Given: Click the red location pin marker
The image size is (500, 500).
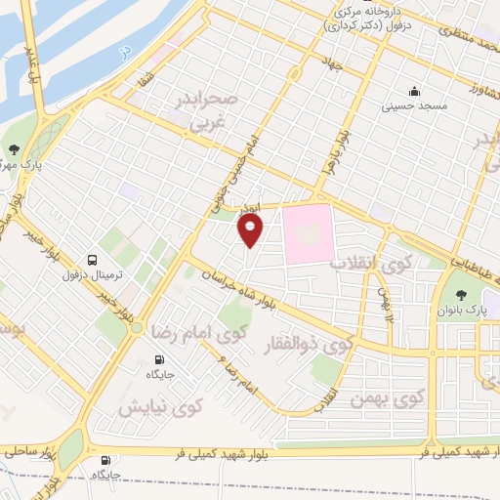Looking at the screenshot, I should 251,230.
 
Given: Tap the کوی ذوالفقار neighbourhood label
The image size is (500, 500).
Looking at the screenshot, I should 308,344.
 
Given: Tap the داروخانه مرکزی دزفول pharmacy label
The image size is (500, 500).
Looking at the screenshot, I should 367,21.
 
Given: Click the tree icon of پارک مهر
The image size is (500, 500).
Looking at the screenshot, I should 14,150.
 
